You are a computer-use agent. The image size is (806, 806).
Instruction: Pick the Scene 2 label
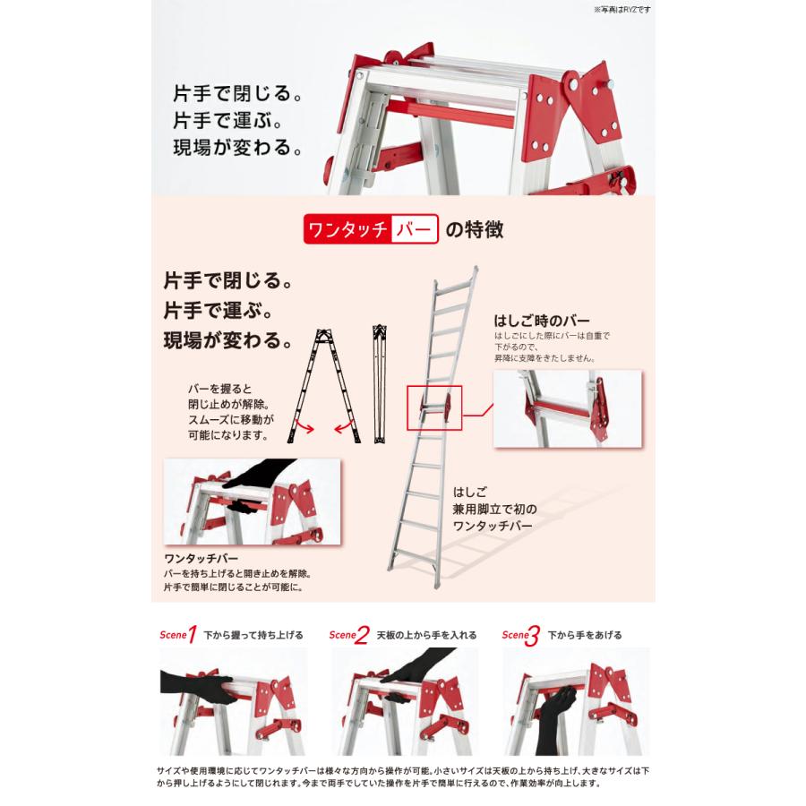tap(348, 635)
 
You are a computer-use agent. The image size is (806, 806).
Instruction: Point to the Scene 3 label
tap(520, 635)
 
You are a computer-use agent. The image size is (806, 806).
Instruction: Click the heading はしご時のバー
tap(536, 321)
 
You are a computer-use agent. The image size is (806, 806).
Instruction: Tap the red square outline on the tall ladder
tap(433, 407)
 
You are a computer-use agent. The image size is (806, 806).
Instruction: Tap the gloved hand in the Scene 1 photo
tap(193, 682)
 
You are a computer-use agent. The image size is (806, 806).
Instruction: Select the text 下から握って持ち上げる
tap(253, 635)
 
